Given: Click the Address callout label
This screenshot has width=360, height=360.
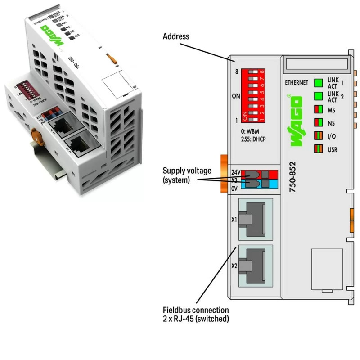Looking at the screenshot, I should [x=176, y=36].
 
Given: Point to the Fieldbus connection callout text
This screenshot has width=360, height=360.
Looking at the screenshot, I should [x=196, y=315].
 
